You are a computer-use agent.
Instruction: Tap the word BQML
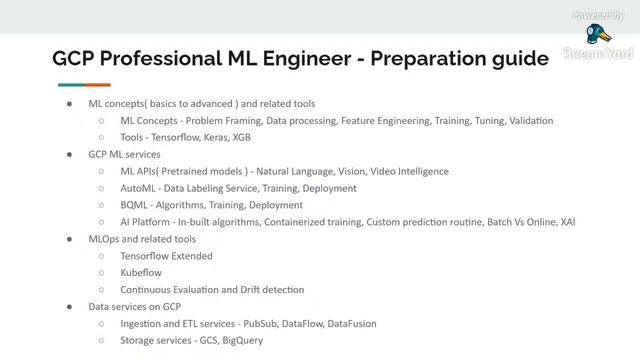[x=135, y=205]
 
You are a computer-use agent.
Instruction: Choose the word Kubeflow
[x=141, y=273]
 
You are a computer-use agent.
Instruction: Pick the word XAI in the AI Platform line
[x=566, y=222]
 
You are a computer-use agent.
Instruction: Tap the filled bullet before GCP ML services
[x=69, y=155]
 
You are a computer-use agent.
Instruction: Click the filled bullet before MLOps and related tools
[x=69, y=239]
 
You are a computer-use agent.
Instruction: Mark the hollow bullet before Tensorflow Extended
[x=101, y=256]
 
